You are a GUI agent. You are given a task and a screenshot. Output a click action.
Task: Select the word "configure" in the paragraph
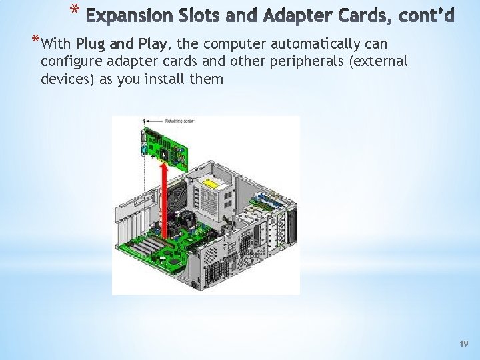69,63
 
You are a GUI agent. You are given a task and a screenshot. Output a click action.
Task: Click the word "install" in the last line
177,79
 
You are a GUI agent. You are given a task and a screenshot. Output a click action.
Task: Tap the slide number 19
464,343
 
